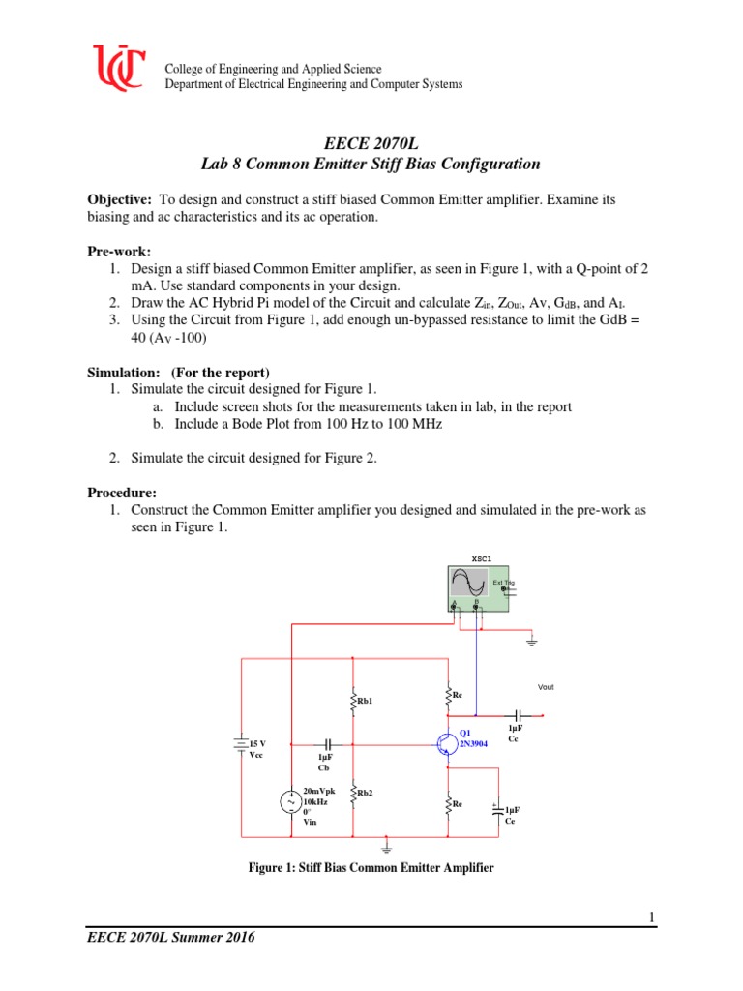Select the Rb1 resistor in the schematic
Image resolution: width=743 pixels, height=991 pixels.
354,700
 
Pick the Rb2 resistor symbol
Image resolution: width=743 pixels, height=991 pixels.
354,793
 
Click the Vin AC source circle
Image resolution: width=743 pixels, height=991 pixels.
289,802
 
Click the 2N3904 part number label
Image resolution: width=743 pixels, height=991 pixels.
474,743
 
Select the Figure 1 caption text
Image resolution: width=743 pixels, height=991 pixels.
371,868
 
